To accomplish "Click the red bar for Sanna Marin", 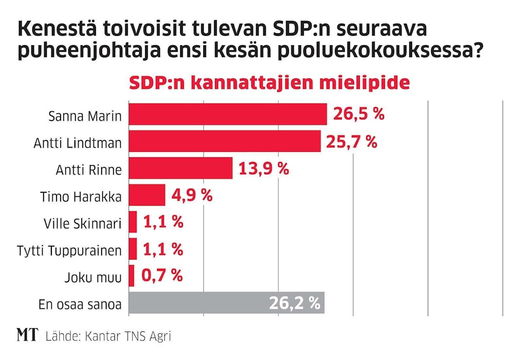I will point(227,114).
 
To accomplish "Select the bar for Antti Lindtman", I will point(224,141).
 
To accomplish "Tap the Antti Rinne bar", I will point(180,168).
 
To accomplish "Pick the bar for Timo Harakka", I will point(147,195).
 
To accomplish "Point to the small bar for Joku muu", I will point(131,276).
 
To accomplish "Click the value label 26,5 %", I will point(359,114).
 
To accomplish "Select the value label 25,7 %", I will point(352,141).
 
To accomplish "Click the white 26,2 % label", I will point(295,303).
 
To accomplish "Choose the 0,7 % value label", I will point(161,276).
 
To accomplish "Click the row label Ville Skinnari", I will point(84,223).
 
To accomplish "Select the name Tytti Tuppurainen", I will point(69,251).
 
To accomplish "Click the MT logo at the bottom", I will point(27,335).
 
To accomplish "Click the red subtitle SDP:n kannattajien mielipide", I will point(269,83).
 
